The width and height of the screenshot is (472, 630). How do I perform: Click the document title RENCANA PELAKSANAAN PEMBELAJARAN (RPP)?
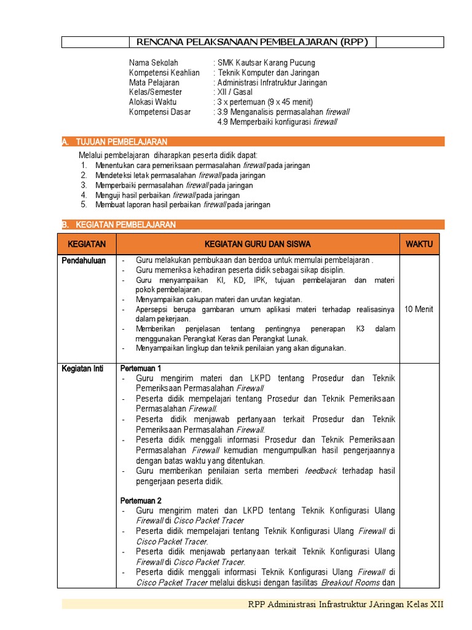(252, 42)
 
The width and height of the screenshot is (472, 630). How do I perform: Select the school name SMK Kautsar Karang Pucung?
(266, 63)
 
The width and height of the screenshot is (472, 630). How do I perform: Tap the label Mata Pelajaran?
(154, 82)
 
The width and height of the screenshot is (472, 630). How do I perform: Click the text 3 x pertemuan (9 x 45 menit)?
(265, 102)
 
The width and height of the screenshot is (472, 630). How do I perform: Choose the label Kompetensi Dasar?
(160, 112)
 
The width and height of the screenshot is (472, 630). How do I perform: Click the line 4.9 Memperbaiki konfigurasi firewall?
(277, 122)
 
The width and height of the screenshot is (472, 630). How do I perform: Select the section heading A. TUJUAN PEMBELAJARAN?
(115, 142)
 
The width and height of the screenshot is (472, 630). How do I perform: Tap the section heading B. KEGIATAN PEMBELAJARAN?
(119, 225)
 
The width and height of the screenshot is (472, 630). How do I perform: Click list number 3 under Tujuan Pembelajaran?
(84, 185)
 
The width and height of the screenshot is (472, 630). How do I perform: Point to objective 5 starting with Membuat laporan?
(183, 205)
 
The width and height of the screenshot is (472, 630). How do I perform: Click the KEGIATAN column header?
(87, 244)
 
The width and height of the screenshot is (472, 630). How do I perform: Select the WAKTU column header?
(419, 244)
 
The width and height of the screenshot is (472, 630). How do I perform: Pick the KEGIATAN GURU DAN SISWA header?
(258, 244)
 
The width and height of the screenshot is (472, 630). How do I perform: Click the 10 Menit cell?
(419, 309)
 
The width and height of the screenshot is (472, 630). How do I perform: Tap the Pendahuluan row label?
(84, 261)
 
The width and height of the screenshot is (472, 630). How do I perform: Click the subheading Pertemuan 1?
(141, 369)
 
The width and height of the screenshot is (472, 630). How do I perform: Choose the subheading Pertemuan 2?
(141, 501)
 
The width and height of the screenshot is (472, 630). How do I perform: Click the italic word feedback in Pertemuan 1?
(321, 471)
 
